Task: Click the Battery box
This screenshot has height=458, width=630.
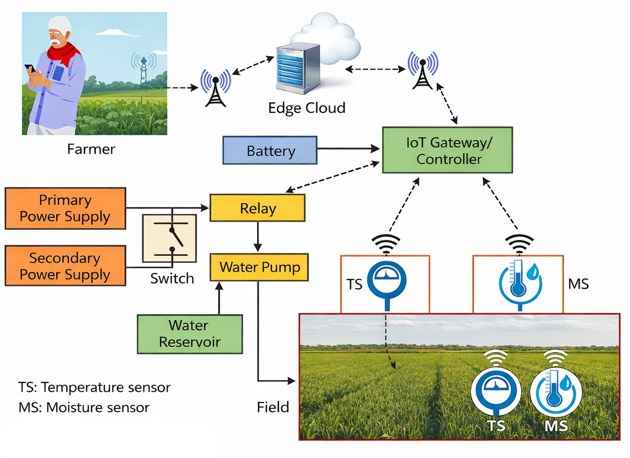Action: pyautogui.click(x=270, y=150)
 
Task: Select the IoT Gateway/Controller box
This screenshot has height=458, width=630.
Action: pyautogui.click(x=447, y=150)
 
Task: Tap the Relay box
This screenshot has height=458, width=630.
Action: pyautogui.click(x=258, y=207)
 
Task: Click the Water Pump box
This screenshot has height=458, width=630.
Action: pyautogui.click(x=259, y=267)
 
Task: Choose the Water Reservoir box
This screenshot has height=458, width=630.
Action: pyautogui.click(x=190, y=334)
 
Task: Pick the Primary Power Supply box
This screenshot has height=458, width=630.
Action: pyautogui.click(x=65, y=208)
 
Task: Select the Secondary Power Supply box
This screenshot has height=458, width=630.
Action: pyautogui.click(x=65, y=266)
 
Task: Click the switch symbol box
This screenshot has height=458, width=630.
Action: pyautogui.click(x=170, y=238)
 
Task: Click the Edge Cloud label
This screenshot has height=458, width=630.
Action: pyautogui.click(x=307, y=108)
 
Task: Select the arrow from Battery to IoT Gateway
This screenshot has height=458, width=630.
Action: pyautogui.click(x=348, y=149)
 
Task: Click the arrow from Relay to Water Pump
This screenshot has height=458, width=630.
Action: pyautogui.click(x=258, y=237)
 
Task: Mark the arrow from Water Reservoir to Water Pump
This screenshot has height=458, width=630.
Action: pyautogui.click(x=219, y=298)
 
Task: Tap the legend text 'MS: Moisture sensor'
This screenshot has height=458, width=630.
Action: pyautogui.click(x=84, y=407)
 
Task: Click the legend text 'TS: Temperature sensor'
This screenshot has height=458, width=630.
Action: pyautogui.click(x=95, y=387)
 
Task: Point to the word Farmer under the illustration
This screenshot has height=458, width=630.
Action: pyautogui.click(x=91, y=150)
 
